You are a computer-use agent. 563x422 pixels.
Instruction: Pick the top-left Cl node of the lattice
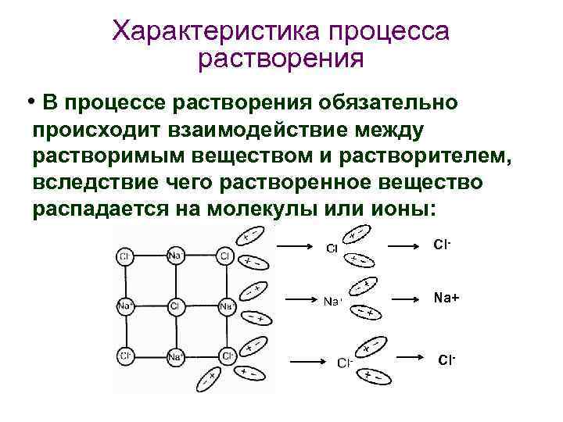coord(124,256)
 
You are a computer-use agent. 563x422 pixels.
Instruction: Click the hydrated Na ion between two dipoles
coord(333,301)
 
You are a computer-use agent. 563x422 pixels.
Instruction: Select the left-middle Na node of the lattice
coord(124,306)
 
